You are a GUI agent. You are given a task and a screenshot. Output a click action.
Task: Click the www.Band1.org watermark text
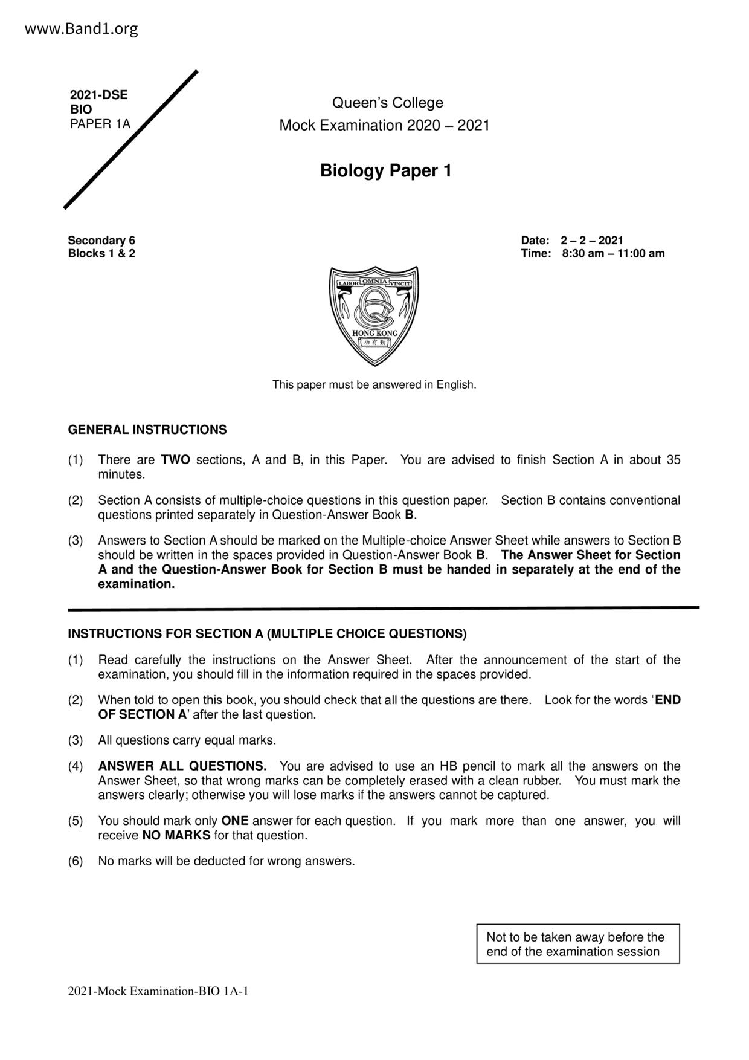point(82,28)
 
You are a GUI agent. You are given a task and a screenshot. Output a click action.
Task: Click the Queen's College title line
point(387,103)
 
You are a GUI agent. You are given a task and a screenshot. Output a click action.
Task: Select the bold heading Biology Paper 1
point(385,171)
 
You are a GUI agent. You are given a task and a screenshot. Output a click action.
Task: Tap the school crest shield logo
point(374,315)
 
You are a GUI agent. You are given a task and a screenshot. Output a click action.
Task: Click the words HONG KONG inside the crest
point(374,334)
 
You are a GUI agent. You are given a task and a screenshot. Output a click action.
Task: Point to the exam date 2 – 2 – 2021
point(591,241)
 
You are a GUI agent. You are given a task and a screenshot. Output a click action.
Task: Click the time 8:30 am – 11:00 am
point(612,253)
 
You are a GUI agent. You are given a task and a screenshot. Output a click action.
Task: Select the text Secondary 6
point(101,241)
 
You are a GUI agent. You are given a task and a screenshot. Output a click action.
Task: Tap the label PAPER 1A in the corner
point(100,124)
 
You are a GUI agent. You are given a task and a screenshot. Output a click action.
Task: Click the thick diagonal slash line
point(131,140)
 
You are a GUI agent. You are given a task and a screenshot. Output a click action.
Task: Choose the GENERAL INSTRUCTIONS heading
point(147,430)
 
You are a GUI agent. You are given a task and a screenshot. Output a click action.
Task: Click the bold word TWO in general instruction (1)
point(176,460)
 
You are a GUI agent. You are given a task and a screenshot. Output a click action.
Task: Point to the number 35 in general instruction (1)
point(673,460)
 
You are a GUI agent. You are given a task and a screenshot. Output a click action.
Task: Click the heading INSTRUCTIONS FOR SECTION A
point(267,633)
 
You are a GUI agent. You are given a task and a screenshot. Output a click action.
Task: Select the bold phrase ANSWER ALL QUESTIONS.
point(182,766)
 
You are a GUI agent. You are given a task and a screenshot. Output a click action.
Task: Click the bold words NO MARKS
point(176,835)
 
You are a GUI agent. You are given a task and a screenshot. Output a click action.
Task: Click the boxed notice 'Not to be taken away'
point(577,944)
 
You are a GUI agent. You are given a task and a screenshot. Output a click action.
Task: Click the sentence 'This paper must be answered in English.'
point(374,384)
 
